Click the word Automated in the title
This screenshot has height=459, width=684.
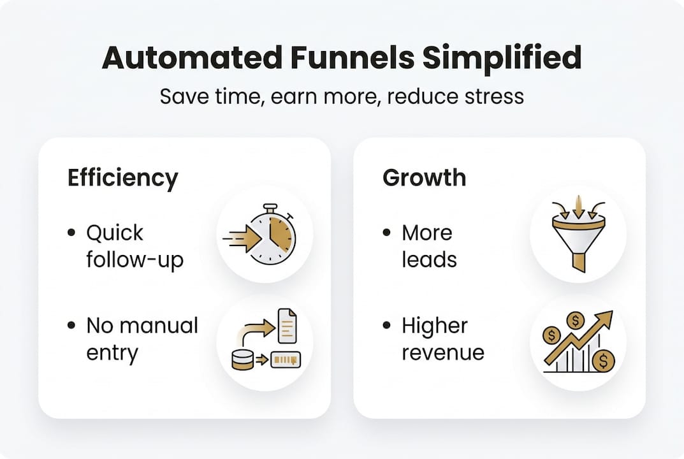pos(192,59)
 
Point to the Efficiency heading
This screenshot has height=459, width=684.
pos(122,178)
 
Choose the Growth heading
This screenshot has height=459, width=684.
pos(424,177)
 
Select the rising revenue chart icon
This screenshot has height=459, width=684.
pos(578,342)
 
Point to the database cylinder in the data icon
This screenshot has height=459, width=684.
pos(242,360)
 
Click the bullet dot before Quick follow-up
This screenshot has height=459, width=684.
pos(71,233)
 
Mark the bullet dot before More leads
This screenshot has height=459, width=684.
pos(387,233)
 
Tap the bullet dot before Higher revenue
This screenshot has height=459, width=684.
pos(387,326)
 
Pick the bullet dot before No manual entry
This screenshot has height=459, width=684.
pos(71,326)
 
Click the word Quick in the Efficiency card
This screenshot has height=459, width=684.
pos(115,233)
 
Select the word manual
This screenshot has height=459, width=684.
pos(159,325)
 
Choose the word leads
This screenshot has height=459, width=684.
pos(429,260)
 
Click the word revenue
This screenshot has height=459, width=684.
pos(442,353)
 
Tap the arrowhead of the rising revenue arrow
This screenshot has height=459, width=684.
pos(605,317)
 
